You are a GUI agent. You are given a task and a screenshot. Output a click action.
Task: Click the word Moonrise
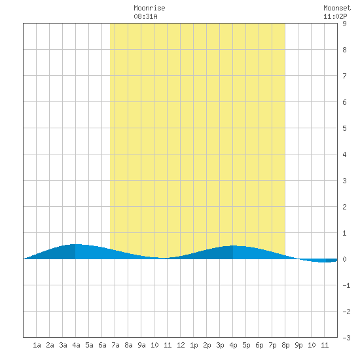149,8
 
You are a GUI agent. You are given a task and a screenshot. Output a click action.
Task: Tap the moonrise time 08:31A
145,16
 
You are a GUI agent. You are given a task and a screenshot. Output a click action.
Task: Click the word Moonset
337,8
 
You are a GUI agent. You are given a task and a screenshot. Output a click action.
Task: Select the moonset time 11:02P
335,16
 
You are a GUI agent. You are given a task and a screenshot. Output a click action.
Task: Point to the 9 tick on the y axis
344,24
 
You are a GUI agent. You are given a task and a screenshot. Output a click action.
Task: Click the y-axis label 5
344,128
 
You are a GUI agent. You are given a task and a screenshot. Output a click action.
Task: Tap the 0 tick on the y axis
344,259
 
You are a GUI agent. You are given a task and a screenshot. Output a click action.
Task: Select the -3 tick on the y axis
346,338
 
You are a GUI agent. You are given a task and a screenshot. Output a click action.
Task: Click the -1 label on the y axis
346,285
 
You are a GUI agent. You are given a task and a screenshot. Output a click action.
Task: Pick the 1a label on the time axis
37,345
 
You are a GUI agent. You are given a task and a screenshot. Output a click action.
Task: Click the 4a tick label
76,345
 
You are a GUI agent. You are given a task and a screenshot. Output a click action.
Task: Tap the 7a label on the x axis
115,345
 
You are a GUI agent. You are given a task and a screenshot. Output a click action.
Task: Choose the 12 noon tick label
181,345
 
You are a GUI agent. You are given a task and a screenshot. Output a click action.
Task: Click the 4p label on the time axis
233,345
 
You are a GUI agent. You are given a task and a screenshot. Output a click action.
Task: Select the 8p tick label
285,345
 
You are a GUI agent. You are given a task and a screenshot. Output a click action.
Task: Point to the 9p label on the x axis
298,345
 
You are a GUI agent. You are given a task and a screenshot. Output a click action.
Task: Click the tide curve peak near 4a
75,244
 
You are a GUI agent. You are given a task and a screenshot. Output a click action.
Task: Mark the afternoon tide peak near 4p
233,245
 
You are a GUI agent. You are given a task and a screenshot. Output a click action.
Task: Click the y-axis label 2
344,207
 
